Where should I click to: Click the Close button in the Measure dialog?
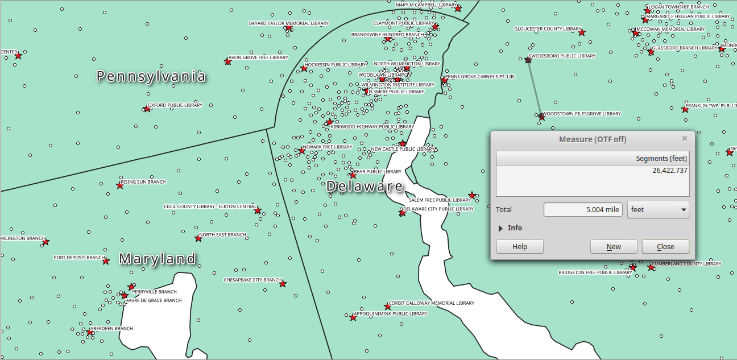665,246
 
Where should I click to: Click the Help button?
520,246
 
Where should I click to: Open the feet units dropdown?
658,209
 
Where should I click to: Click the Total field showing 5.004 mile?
582,209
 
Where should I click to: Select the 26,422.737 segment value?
669,170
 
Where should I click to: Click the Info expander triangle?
501,228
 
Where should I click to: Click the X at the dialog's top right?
685,139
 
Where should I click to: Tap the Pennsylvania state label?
151,76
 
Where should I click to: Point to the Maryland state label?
158,259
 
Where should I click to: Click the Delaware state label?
365,187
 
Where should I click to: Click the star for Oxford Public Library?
147,108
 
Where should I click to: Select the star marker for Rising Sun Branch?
119,185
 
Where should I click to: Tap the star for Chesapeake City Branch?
283,283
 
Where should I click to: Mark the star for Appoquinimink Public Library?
353,317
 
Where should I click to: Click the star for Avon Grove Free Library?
227,61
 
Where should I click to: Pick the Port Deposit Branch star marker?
106,260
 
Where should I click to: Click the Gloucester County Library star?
581,32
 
